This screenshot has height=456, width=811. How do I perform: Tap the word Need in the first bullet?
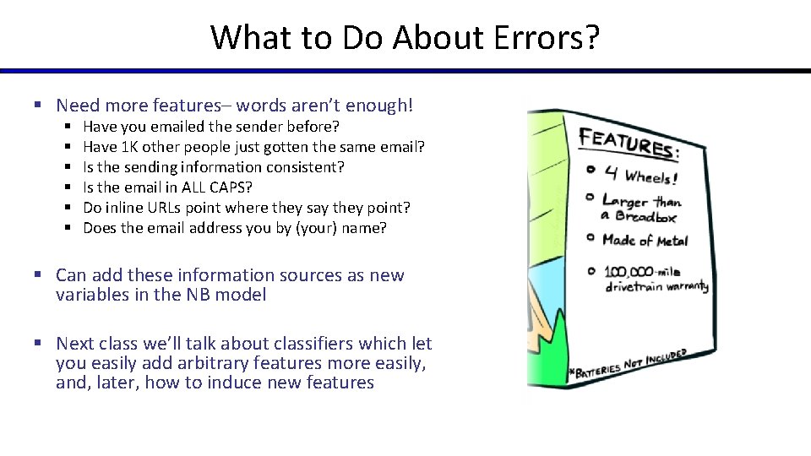[x=77, y=106]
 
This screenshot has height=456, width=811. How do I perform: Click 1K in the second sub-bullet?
[x=131, y=147]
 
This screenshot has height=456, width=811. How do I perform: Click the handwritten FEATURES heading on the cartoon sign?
[x=629, y=144]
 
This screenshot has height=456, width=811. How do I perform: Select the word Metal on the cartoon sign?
[x=672, y=242]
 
